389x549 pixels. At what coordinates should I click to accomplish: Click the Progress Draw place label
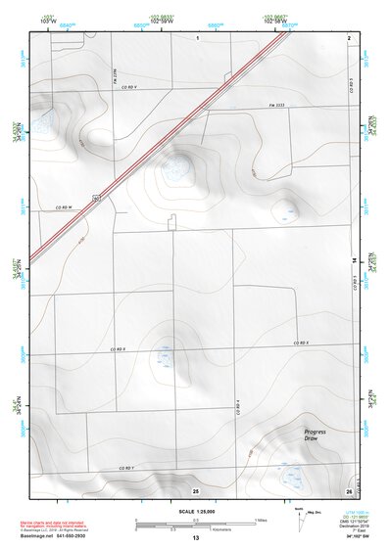coord(315,435)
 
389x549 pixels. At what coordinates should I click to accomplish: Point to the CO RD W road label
coord(66,206)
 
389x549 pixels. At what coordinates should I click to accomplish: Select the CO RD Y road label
coord(127,469)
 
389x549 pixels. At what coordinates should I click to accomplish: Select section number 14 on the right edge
coord(354,259)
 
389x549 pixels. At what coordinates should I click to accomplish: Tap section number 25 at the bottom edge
coord(196,489)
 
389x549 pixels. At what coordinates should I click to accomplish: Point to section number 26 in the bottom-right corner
coord(349,489)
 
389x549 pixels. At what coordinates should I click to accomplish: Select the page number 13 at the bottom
coord(196,537)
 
